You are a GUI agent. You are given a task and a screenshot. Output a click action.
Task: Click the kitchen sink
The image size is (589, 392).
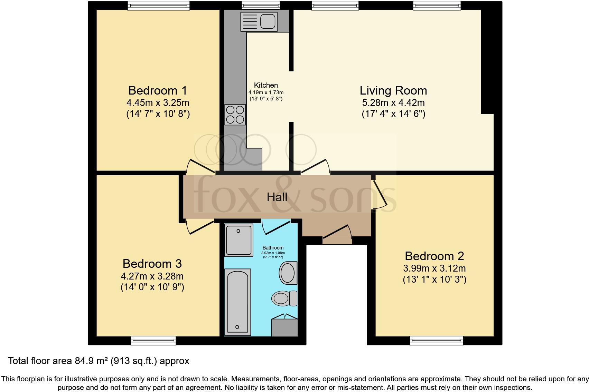point(259,21)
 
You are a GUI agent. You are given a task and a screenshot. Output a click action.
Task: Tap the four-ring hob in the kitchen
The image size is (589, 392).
point(235,115)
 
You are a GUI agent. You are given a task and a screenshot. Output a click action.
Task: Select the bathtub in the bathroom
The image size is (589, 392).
point(237,302)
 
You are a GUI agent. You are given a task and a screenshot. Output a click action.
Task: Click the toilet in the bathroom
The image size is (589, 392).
point(284,298)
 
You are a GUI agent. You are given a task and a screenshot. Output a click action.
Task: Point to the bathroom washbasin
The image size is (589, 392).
point(288,273)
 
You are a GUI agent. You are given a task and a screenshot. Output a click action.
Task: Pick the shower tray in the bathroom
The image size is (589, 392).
point(239,240)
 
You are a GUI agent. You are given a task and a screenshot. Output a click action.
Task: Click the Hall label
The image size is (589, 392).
point(277,197)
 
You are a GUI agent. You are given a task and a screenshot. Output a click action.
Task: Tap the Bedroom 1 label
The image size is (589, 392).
point(158,91)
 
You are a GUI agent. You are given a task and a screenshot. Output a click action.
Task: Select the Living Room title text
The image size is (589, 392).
point(393,91)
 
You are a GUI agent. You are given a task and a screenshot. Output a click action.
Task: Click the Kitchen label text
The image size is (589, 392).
point(266,85)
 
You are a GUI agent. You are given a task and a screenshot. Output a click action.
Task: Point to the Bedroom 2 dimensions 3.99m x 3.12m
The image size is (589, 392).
point(434,268)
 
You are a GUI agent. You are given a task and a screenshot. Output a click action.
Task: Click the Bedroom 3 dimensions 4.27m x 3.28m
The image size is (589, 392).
point(152,276)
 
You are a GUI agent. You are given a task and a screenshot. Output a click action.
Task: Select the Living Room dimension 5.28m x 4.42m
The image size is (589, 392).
point(393,103)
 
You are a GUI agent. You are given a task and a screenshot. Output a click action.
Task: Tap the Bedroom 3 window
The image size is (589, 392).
point(153,341)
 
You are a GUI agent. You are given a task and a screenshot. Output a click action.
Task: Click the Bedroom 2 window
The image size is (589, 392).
point(437,341)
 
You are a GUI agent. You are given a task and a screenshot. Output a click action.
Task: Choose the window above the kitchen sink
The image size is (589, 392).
point(261,6)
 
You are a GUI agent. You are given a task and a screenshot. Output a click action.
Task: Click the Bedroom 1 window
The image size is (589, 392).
point(159,6)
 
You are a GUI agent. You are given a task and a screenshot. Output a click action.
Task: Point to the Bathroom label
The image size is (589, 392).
point(273,248)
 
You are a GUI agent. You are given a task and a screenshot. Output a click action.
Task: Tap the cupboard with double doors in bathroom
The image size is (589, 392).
point(284,325)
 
